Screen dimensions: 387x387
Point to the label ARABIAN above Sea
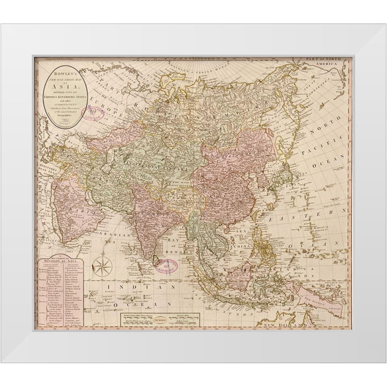(109, 235)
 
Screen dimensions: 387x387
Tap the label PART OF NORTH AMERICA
(328, 62)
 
